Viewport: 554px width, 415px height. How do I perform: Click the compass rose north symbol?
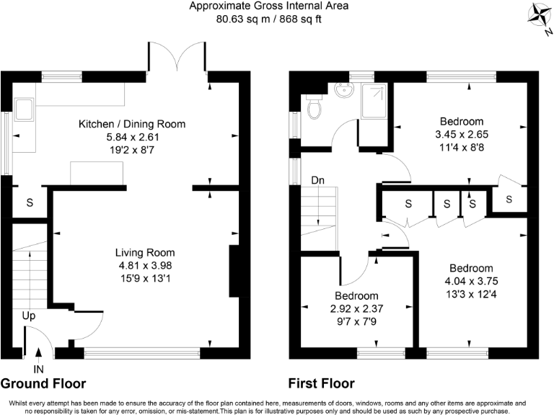tap(540, 18)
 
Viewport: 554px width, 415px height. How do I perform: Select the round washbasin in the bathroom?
tap(344, 90)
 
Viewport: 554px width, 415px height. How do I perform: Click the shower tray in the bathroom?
tap(374, 101)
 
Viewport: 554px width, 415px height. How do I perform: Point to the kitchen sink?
tap(25, 110)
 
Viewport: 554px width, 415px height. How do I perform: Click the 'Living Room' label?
tap(145, 253)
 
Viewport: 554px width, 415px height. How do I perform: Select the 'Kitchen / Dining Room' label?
tap(132, 124)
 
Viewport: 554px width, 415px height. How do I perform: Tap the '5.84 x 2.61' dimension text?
tap(133, 137)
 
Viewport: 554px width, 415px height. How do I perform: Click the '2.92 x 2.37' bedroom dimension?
tap(356, 309)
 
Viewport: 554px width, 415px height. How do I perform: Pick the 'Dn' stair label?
tap(317, 180)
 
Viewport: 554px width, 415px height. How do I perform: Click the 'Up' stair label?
tap(29, 316)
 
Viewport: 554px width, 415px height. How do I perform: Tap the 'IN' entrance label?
tap(38, 369)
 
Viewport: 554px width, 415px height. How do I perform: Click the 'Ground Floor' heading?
tap(43, 383)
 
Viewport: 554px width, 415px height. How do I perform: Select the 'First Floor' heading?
tap(322, 383)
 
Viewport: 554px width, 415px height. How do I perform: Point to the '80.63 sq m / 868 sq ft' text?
tap(269, 19)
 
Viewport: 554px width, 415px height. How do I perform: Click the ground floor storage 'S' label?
tap(30, 202)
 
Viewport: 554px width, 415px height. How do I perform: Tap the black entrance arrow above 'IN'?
tap(38, 352)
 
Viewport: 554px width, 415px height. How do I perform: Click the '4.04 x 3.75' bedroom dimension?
tap(471, 281)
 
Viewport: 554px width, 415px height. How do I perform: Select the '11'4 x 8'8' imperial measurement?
tap(462, 147)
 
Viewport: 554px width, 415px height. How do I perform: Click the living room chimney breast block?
tap(234, 271)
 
